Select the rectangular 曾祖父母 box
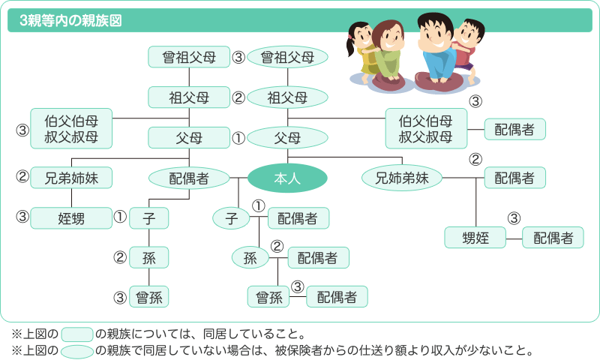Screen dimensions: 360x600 coord(188,56)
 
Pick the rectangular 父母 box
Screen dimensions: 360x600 coord(188,137)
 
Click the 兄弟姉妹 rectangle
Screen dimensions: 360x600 coord(71,178)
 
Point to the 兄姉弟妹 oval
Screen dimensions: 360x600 coord(401,178)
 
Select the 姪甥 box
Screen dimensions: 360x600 coord(71,218)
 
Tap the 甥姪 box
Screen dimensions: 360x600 coord(477,238)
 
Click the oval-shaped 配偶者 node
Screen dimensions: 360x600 coord(188,178)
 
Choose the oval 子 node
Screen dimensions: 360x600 coord(232,218)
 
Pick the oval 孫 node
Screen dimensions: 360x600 coord(250,258)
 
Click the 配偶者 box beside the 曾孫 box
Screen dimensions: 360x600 coord(337,297)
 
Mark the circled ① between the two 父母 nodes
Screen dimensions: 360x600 coord(238,138)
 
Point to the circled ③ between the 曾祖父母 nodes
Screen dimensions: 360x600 coord(238,57)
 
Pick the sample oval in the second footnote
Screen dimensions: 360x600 coord(76,350)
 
